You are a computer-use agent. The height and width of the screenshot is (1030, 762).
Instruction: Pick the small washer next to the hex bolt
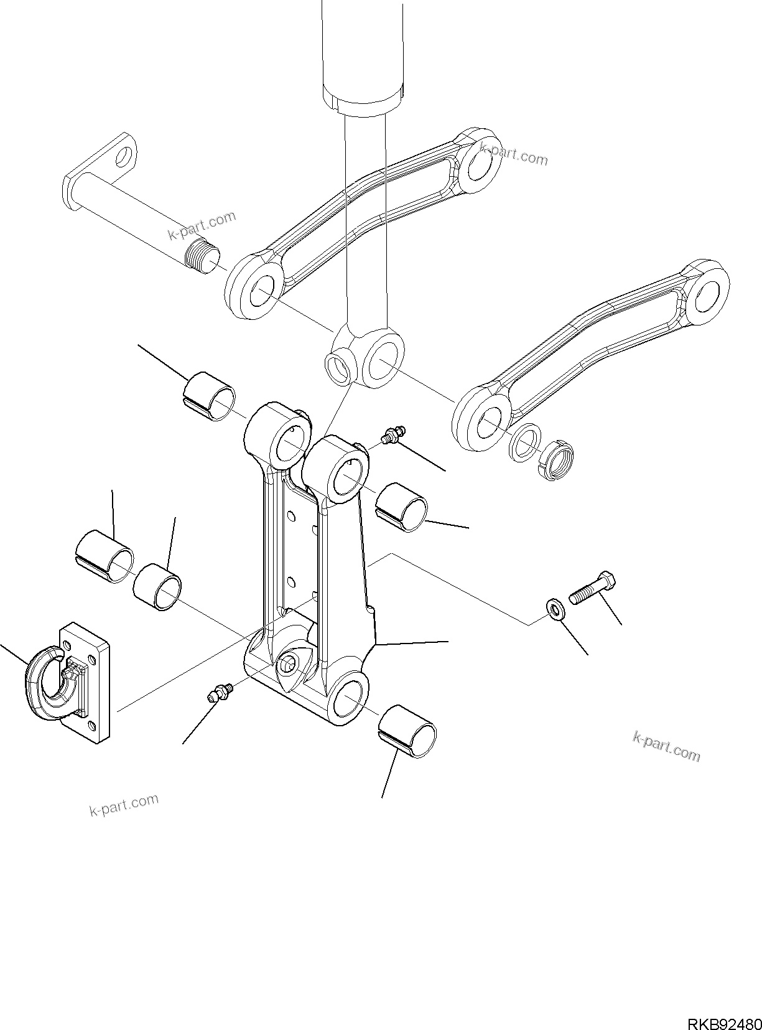point(555,609)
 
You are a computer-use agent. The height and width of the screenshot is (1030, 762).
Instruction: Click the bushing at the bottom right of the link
point(407,732)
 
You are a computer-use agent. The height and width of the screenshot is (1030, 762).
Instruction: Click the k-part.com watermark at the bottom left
point(124,805)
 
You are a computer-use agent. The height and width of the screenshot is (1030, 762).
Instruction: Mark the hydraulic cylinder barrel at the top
point(362,50)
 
